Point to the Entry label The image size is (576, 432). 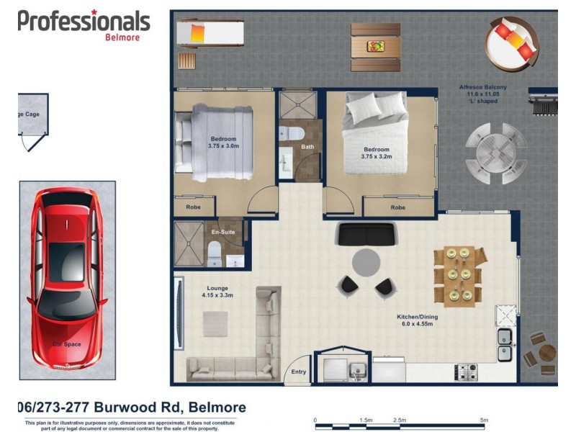(298, 372)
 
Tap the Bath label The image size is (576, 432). (307, 147)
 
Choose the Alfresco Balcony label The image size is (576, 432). (482, 88)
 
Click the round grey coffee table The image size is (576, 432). (366, 262)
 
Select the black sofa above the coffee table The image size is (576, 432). (366, 233)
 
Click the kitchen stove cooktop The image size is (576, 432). (465, 372)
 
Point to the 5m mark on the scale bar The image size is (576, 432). (484, 419)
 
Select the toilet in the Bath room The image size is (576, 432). (292, 133)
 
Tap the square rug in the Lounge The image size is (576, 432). (215, 325)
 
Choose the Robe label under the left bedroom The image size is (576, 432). (193, 207)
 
